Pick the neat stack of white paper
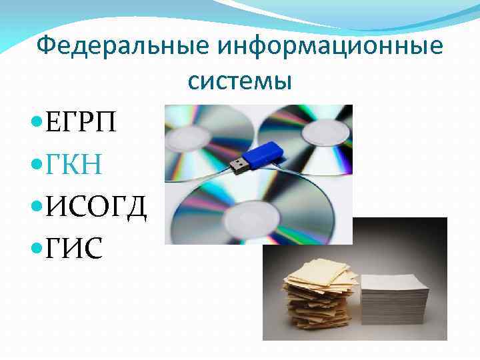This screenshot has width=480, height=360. tap(393, 300)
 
